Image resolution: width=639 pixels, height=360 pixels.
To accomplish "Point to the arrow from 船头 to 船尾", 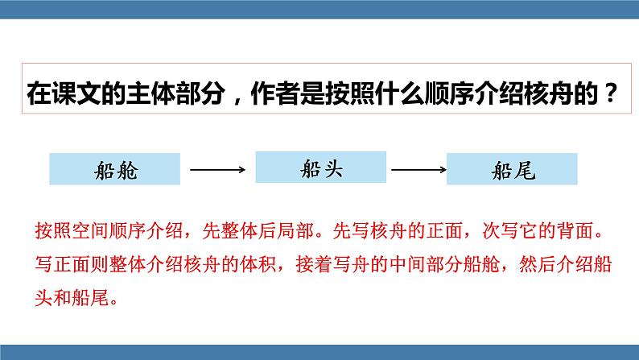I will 418,169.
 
